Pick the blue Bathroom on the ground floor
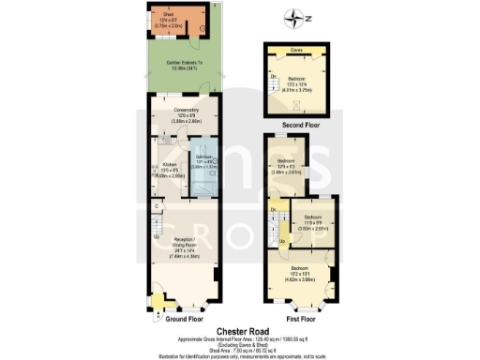point(203,165)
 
